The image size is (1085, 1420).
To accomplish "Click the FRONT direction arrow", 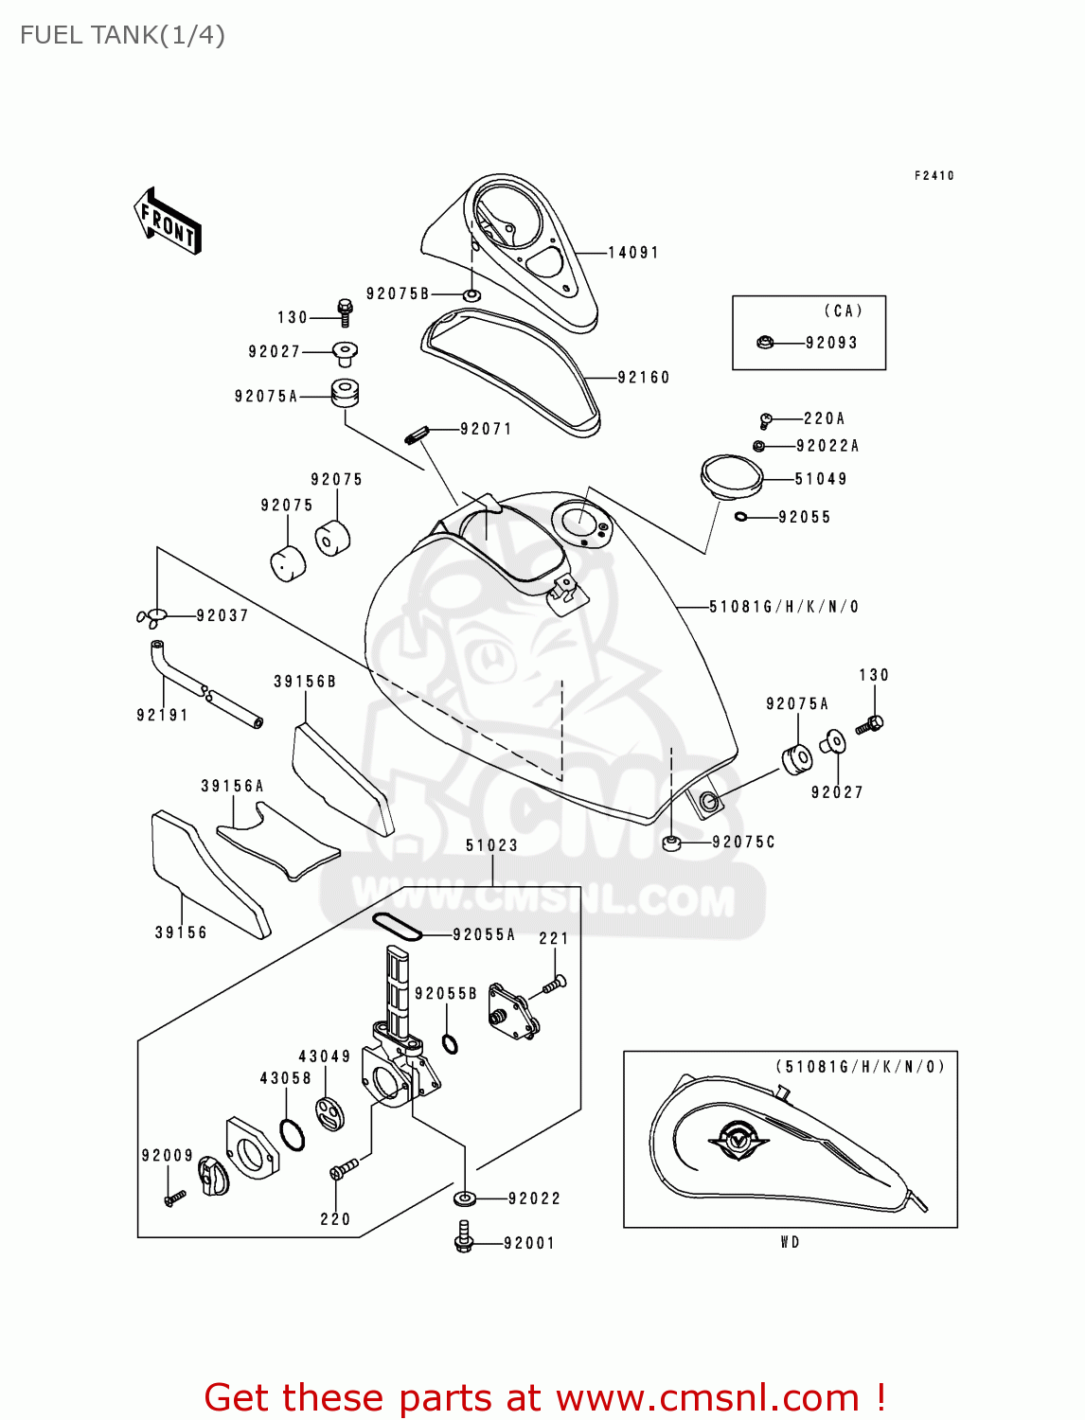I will click(x=168, y=222).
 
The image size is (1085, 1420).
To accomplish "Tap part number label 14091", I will click(x=632, y=253).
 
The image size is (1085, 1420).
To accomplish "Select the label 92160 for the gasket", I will click(x=643, y=378).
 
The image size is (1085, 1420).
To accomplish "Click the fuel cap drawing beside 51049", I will click(x=731, y=476).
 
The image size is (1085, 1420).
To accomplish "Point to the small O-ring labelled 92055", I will click(x=740, y=517).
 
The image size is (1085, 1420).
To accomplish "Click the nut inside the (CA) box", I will click(x=765, y=343).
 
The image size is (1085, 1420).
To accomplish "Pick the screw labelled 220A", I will click(x=766, y=419).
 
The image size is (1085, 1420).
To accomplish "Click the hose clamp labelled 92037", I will click(x=151, y=618).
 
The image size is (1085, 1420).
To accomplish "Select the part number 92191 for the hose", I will click(x=162, y=716).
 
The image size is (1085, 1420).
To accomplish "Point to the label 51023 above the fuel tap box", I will click(x=491, y=845).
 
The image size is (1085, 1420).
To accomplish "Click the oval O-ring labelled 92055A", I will click(x=396, y=927).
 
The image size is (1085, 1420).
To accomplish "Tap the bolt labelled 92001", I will click(x=464, y=1237).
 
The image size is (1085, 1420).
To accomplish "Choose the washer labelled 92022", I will click(x=464, y=1198).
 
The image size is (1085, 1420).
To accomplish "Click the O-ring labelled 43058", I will click(x=293, y=1134).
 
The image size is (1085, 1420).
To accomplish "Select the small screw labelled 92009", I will click(x=175, y=1198).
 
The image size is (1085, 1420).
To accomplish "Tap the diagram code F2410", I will click(x=934, y=176).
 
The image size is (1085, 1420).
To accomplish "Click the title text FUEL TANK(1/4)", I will click(x=122, y=35).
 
